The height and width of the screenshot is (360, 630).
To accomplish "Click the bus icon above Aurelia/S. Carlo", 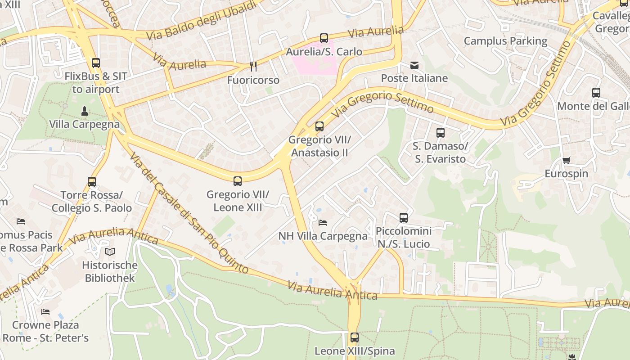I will (324, 38).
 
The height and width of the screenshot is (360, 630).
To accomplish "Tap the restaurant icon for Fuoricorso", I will (253, 67).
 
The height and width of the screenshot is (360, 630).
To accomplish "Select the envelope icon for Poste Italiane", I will (414, 65).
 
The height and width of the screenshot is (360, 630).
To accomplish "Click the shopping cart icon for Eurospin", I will (566, 161).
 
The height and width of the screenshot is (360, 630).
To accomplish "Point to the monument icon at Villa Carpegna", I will (84, 111).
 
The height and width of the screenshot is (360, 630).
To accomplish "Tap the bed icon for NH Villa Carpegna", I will (323, 222).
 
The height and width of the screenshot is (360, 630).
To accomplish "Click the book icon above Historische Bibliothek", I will (110, 252).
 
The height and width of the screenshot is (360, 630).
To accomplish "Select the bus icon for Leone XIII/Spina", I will (355, 337).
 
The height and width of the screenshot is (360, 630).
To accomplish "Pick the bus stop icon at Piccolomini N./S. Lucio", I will (404, 218).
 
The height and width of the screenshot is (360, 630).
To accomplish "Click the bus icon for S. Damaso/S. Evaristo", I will (441, 133).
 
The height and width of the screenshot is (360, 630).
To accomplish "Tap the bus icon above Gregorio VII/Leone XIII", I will (238, 181).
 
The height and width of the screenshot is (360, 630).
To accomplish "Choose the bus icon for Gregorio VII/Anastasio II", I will (319, 126).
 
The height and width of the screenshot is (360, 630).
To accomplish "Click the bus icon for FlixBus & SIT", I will (95, 63).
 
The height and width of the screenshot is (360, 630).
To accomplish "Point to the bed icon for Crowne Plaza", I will (45, 311).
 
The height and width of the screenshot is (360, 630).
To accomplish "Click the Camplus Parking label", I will (505, 41).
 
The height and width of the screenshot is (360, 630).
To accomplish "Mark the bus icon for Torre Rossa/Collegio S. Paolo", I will (92, 182).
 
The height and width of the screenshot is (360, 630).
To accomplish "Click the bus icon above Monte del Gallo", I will (596, 93).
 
